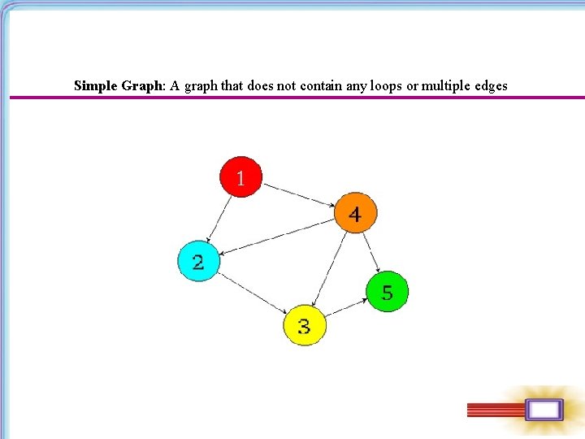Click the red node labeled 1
click(240, 176)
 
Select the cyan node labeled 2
click(199, 261)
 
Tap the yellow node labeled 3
click(304, 325)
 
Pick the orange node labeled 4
click(355, 214)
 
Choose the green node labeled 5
click(387, 291)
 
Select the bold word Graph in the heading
click(143, 85)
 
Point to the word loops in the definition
click(386, 85)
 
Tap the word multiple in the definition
click(445, 85)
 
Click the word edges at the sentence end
click(491, 85)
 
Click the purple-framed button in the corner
click(543, 411)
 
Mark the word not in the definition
click(286, 85)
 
